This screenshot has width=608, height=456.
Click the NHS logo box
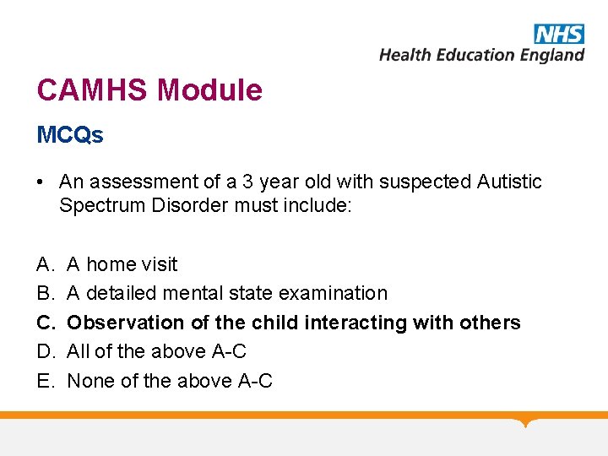click(x=558, y=34)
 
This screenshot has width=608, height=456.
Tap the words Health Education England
click(x=481, y=55)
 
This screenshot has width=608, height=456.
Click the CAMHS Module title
click(x=149, y=90)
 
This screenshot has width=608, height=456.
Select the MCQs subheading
click(x=70, y=135)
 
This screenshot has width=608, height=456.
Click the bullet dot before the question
click(x=42, y=182)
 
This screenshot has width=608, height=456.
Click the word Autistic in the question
click(x=509, y=182)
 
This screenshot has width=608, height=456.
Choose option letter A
click(x=44, y=264)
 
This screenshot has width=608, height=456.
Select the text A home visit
click(x=122, y=264)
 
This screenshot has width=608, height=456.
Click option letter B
click(x=44, y=293)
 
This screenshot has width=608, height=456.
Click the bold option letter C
click(x=45, y=323)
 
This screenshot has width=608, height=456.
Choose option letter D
click(x=45, y=351)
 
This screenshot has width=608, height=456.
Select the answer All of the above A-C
click(x=156, y=351)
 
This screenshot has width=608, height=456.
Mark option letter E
click(x=44, y=381)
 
